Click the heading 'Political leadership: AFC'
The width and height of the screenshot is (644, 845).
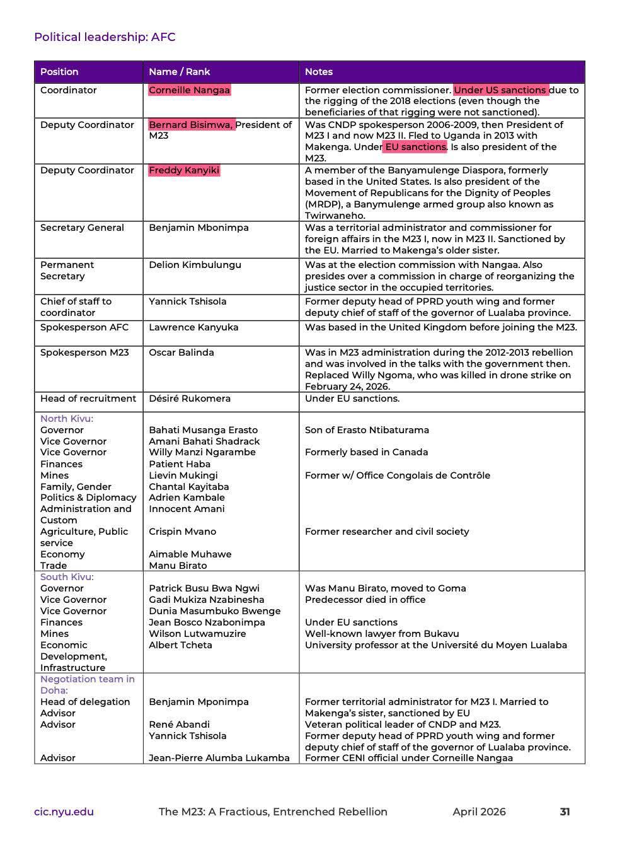105,37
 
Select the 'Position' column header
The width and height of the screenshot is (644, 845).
59,72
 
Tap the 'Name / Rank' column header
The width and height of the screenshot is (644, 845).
179,72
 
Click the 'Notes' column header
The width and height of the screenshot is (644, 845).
318,72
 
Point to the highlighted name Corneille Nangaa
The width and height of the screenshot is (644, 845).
189,90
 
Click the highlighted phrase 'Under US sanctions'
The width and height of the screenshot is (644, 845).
500,90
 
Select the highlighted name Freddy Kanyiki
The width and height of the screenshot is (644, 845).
184,170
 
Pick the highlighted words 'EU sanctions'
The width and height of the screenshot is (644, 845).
415,147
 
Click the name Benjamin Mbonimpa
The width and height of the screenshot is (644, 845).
198,228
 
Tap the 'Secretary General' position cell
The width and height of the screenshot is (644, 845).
82,228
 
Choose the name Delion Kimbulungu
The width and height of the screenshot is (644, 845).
195,265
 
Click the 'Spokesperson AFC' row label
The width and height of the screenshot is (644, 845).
84,327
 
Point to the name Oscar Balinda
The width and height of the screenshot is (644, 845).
181,353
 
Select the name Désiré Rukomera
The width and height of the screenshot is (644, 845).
190,399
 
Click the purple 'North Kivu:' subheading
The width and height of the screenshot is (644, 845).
67,419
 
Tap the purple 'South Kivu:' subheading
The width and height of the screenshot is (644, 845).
67,577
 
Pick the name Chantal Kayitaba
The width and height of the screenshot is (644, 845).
188,487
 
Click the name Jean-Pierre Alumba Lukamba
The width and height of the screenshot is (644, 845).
219,758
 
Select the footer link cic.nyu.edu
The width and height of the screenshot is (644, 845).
64,812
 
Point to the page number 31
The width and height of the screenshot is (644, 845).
565,812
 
